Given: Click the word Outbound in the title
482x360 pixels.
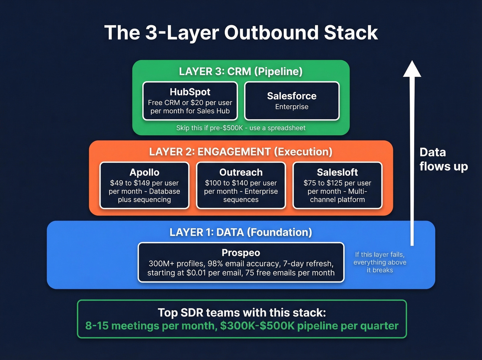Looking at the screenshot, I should coord(271,33).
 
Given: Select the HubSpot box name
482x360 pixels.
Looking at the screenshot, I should coord(190,92).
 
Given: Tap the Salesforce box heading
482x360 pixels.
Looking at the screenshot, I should coord(292,96).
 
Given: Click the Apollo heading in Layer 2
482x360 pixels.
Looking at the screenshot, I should coord(144,172).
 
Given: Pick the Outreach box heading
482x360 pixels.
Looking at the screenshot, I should coord(241,172).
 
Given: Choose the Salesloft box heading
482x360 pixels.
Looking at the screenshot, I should coord(337,172).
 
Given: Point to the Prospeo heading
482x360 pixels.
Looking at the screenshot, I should coord(241,253).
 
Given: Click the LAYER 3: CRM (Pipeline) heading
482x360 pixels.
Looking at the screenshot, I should coord(241,72).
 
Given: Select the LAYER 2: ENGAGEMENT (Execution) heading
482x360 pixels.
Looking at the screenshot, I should coord(241,152).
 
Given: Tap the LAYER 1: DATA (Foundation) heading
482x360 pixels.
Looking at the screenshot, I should coord(241,233).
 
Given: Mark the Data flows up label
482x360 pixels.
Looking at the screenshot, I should coord(443,160).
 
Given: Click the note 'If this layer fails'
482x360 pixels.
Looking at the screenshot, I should coord(380,255).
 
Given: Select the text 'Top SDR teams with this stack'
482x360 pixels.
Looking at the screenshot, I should coord(242,312).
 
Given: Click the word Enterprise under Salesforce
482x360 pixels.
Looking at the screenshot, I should coord(292,107).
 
